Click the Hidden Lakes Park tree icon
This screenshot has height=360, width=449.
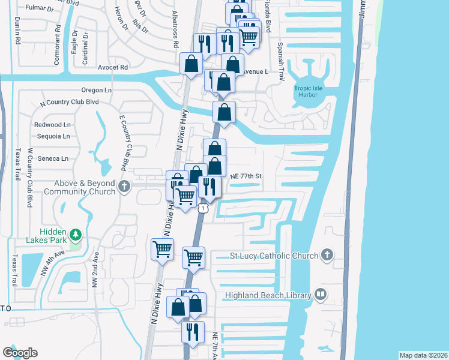[x=76, y=234]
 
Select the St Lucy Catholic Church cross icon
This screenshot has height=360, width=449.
[x=327, y=255]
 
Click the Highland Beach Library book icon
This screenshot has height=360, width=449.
[x=321, y=295]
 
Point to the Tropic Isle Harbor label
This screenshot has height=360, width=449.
[x=310, y=92]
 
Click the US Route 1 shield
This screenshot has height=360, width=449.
[x=204, y=208]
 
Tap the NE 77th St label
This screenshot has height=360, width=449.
[x=247, y=176]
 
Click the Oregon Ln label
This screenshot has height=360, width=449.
[x=97, y=90]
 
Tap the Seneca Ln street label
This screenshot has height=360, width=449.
[x=53, y=158]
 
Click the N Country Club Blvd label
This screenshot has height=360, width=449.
[x=69, y=102]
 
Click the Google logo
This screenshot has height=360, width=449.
[x=20, y=353]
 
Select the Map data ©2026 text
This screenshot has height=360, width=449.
[x=423, y=355]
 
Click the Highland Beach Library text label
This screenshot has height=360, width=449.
[x=268, y=295]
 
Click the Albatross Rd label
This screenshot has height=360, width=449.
[x=176, y=33]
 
